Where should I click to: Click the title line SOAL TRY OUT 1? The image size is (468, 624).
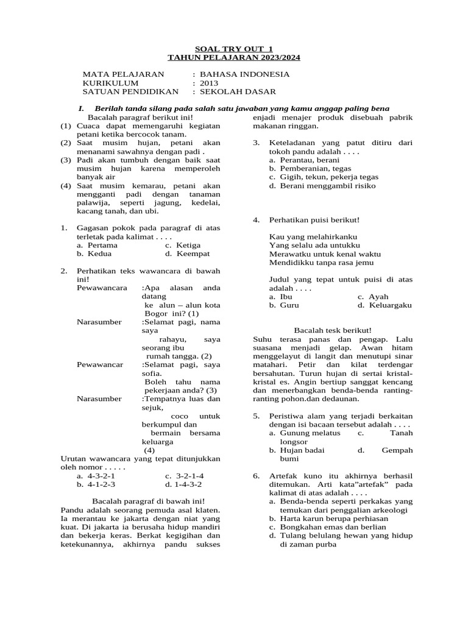pos(234,48)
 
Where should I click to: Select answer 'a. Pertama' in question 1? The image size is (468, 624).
pos(97,245)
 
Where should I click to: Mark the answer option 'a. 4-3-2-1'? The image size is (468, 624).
pos(96,476)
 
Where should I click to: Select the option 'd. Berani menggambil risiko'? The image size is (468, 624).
pos(322,185)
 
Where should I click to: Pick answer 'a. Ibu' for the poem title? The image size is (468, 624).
pos(282,296)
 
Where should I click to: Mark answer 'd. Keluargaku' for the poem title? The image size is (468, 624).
pos(385,305)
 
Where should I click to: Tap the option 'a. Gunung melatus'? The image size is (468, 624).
pos(301,433)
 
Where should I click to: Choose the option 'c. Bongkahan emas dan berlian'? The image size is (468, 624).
pos(328,527)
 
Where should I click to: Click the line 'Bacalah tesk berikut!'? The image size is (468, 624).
pos(333,330)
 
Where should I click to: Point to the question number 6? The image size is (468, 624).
pos(257,475)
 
